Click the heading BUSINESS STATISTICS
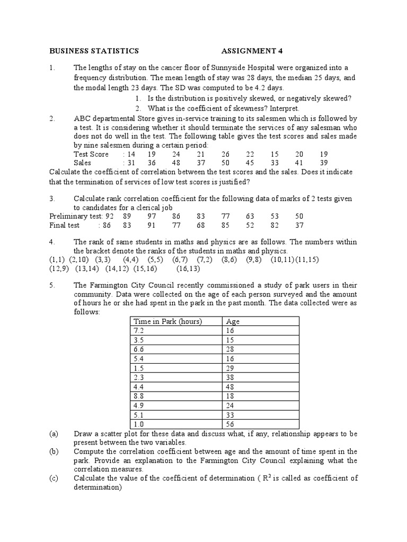94,51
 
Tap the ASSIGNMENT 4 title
252,51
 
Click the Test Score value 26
225,154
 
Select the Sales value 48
176,163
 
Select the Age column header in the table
233,321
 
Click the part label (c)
54,478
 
